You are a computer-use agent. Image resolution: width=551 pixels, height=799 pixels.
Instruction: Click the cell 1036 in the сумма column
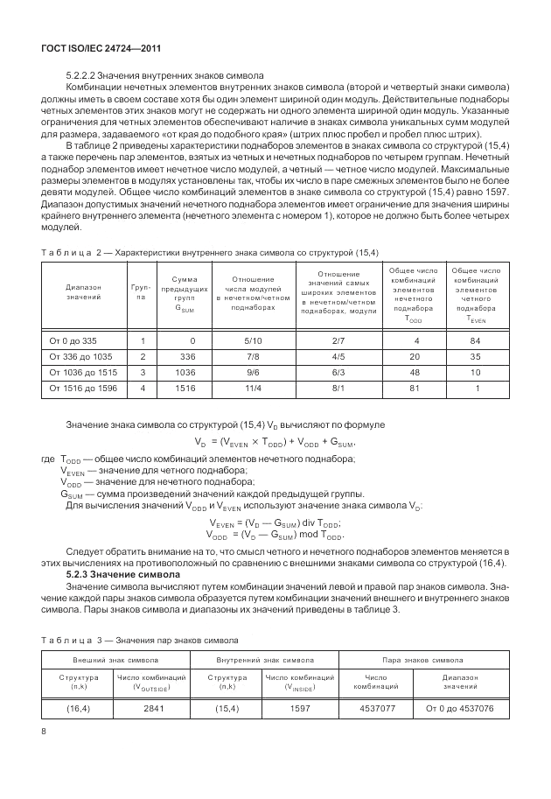[185, 371]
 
